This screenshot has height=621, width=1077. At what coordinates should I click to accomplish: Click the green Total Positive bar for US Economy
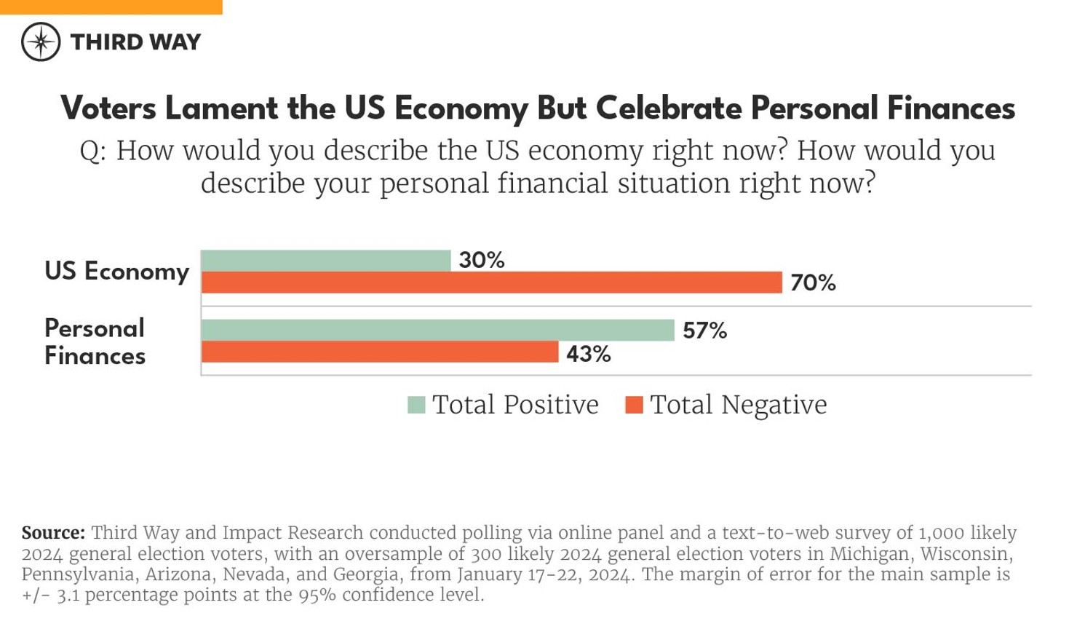(326, 261)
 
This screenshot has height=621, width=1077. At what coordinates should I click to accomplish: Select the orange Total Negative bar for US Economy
(491, 282)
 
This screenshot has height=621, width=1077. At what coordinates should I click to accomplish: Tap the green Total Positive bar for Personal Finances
(437, 330)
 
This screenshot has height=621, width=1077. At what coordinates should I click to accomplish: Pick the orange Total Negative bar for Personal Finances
(379, 352)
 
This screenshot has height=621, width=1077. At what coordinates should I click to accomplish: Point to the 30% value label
(481, 260)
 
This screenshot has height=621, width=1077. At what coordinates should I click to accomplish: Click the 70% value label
(813, 282)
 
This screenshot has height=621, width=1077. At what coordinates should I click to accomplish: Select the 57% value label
(704, 331)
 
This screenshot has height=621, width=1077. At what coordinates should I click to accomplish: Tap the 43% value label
(588, 354)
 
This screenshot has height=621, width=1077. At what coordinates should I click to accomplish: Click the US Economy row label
(116, 271)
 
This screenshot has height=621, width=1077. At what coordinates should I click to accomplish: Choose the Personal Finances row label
(95, 341)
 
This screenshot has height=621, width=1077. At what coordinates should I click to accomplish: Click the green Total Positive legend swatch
(416, 405)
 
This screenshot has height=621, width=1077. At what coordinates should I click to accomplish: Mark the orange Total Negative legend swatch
(634, 405)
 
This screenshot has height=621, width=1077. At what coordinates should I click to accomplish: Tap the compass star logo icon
(41, 41)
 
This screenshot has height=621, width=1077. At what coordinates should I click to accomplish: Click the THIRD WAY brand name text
(135, 42)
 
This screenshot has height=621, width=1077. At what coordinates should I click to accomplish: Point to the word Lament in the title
(221, 108)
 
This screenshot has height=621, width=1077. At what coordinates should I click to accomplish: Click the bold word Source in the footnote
(52, 533)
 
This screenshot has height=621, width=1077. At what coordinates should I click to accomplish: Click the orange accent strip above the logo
(111, 7)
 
